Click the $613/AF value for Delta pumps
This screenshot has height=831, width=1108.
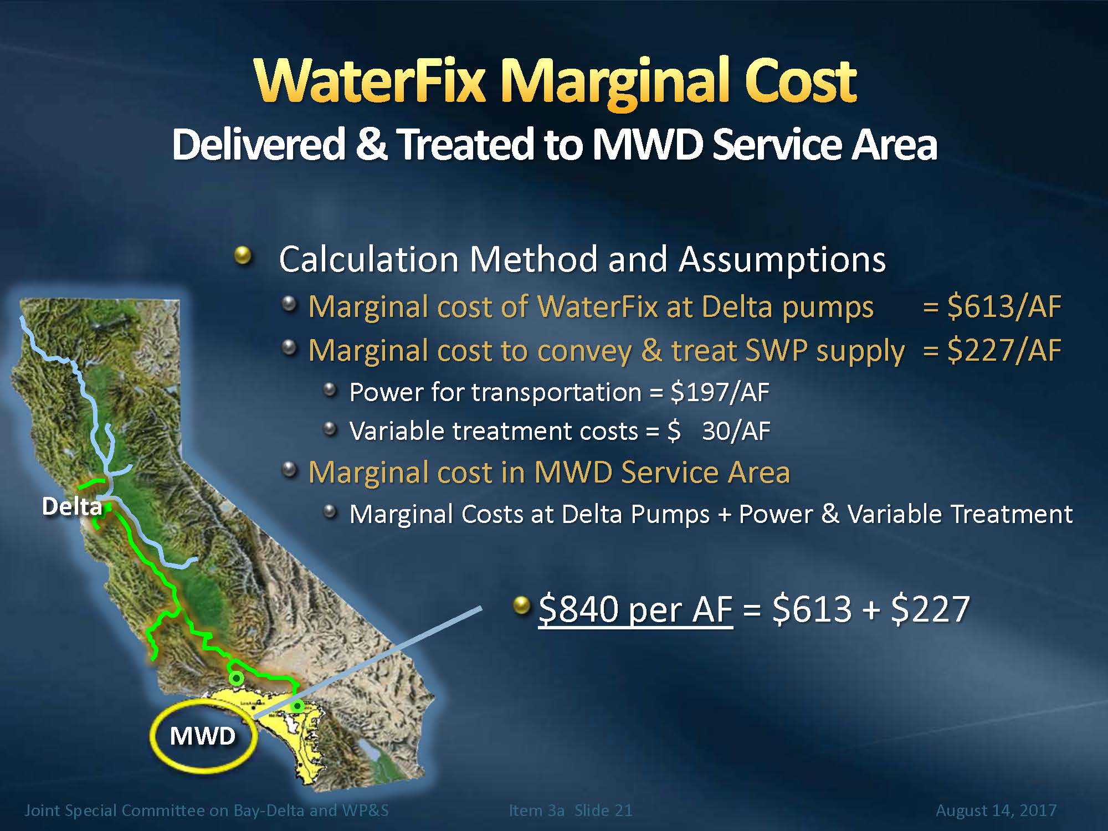coord(1004,306)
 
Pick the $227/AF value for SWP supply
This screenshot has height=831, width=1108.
coord(1004,350)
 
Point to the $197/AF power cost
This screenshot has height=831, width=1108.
coord(720,392)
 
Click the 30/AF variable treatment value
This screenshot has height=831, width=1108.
coord(736,431)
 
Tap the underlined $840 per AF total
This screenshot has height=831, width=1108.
coord(635,609)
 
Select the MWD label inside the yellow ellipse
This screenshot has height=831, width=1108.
coord(203,736)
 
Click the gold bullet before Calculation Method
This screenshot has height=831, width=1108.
coord(243,256)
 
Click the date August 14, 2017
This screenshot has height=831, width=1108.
coord(996,811)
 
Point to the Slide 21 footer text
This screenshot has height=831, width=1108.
coord(603,811)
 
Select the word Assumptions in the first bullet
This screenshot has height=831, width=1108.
coord(782,259)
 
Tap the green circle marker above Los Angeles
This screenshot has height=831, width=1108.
coord(237,678)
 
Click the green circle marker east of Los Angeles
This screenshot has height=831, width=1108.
coord(297,706)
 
